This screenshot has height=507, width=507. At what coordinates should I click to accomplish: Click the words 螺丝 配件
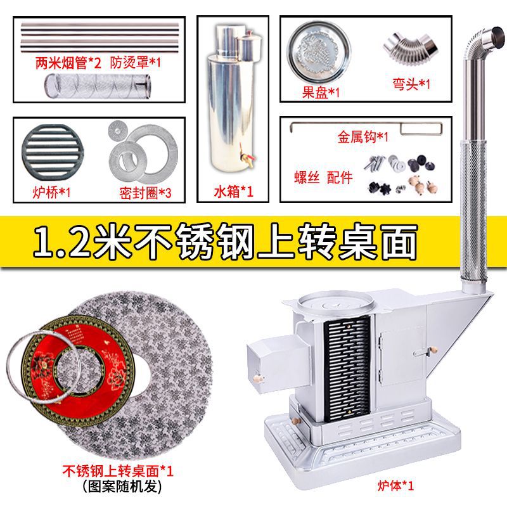coord(322,177)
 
